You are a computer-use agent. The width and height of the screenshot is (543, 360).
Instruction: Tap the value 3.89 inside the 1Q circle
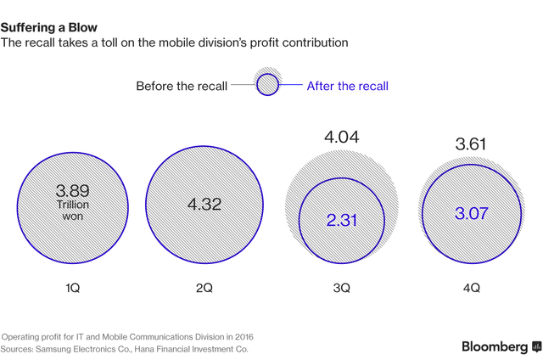point(72,191)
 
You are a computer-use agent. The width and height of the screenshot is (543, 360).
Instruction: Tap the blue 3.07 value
point(471,213)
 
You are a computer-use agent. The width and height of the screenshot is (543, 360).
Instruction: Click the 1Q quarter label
point(72,289)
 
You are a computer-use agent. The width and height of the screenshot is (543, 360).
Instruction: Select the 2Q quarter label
point(204,289)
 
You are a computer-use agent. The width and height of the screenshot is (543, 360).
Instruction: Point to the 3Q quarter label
point(341,289)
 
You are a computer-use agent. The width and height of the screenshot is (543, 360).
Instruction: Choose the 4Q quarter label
point(472,289)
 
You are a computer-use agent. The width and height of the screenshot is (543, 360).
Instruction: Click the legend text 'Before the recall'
point(182,86)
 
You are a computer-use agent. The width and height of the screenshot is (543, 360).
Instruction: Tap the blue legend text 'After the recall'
point(347,86)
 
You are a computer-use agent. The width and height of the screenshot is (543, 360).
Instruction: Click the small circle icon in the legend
point(267,85)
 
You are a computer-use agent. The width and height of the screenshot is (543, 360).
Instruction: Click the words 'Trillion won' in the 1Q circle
point(72,211)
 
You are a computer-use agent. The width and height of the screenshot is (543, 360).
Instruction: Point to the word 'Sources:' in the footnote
point(20,349)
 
